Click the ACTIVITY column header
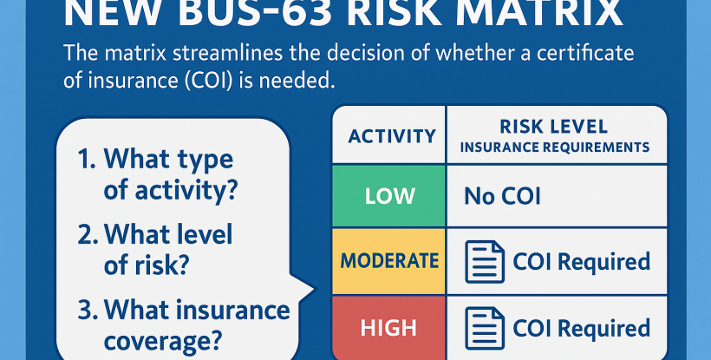(x=391, y=136)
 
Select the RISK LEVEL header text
(x=554, y=128)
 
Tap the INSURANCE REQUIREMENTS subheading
(x=555, y=147)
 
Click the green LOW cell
(x=391, y=195)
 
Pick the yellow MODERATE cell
(x=389, y=260)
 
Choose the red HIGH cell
(x=391, y=327)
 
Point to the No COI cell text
(x=502, y=195)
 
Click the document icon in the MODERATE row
(x=485, y=261)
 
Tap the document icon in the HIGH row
(x=485, y=328)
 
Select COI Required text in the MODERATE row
(x=581, y=261)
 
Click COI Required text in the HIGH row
(x=581, y=328)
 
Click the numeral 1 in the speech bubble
(x=84, y=160)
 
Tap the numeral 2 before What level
(x=84, y=234)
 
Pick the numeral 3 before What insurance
(x=83, y=309)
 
